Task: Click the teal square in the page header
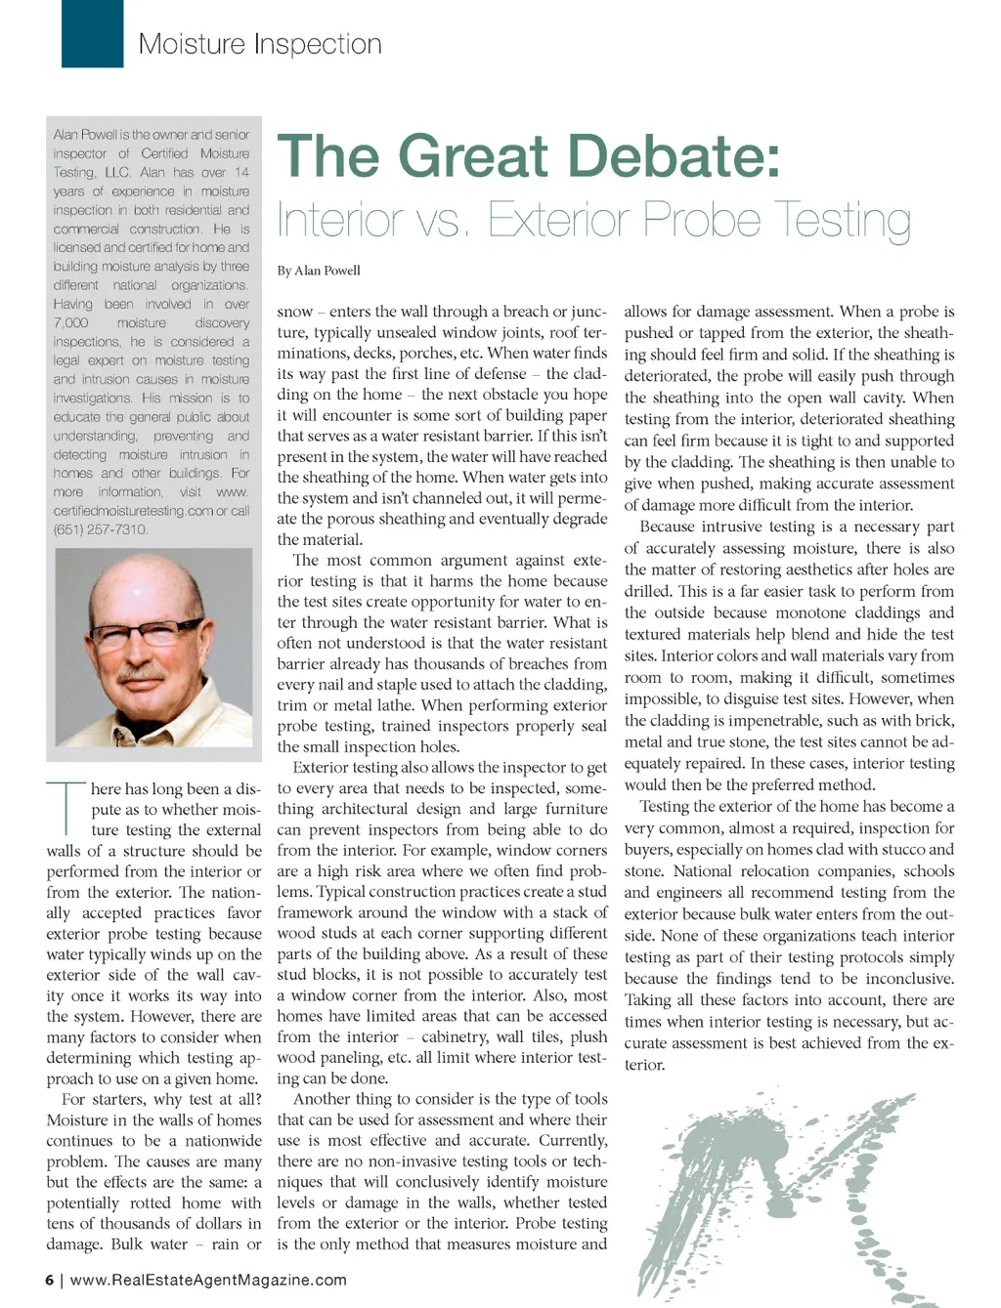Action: click(x=92, y=33)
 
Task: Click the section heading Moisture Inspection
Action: click(x=260, y=44)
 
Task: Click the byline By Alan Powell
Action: click(x=319, y=271)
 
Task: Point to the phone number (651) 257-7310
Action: click(x=101, y=529)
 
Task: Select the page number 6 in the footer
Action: click(x=50, y=1280)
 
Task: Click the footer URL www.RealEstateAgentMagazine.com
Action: click(x=208, y=1280)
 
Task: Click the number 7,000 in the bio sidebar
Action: click(x=71, y=323)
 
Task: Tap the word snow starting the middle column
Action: click(x=295, y=312)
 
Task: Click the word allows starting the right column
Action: click(x=645, y=312)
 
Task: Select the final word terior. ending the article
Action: click(x=645, y=1065)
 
